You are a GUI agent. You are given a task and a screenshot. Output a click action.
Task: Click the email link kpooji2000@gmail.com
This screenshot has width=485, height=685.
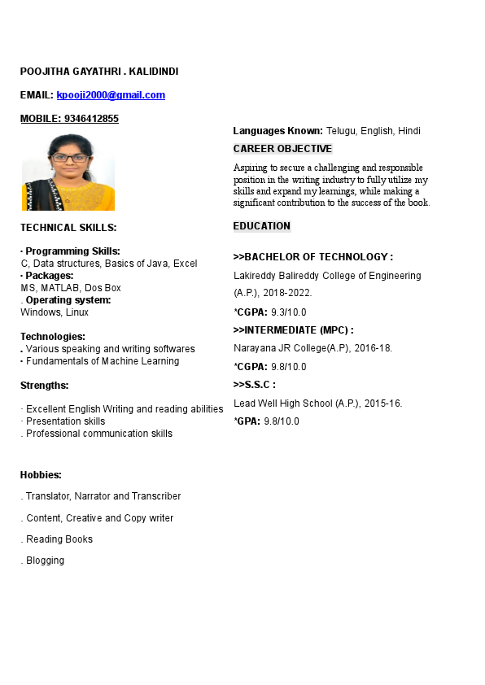coord(111,95)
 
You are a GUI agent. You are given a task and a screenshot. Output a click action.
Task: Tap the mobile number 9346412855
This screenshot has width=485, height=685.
coord(90,119)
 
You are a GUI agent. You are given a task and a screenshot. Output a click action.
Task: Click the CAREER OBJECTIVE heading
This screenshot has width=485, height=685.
coord(282,149)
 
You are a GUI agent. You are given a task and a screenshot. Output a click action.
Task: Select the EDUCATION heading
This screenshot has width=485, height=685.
coord(261,226)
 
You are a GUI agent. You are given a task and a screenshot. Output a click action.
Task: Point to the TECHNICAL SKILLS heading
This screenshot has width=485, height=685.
coord(68,228)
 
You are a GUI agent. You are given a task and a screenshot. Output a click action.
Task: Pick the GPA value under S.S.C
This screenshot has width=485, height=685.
coord(282,421)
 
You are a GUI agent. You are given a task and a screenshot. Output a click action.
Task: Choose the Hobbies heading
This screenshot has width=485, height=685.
coord(41,475)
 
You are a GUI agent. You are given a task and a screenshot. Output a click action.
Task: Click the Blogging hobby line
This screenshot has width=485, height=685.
coord(45,561)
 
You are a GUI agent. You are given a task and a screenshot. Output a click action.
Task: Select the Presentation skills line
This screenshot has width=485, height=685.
coord(65,421)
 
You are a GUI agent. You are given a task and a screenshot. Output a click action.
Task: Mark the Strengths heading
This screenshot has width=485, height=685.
coord(44,386)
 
